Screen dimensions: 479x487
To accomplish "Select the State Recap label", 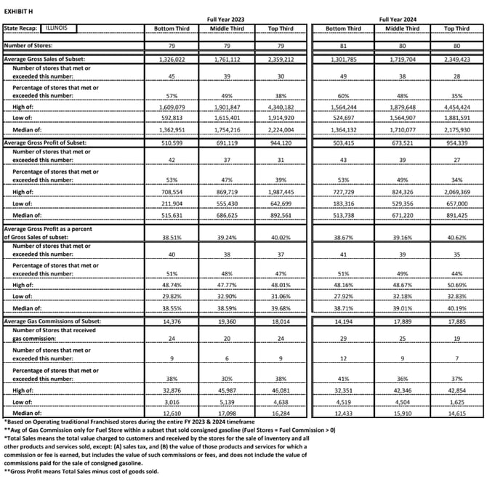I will (x=21, y=28).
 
